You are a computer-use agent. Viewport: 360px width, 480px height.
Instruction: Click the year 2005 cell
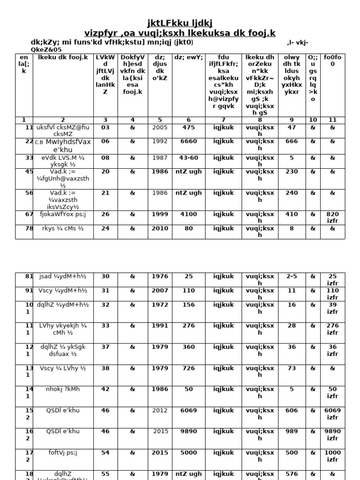coord(159,127)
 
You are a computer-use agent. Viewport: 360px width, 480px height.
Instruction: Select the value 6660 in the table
coord(188,142)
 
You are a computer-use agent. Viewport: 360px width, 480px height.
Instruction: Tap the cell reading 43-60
coord(188,158)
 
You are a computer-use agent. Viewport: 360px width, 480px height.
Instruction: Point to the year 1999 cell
coord(159,214)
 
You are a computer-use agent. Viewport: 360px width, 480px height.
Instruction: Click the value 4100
coord(188,214)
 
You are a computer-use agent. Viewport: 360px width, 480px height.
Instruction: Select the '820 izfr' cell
coord(332,217)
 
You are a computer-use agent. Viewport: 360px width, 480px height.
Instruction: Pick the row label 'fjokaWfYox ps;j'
coord(63,214)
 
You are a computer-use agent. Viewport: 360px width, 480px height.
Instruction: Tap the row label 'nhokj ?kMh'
coord(63,389)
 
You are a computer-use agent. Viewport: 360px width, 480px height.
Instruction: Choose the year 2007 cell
coord(159,291)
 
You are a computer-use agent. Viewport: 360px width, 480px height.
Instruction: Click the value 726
coord(188,368)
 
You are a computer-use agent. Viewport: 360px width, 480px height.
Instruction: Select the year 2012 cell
coord(159,410)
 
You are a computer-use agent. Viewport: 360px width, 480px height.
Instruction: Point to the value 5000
coord(188,452)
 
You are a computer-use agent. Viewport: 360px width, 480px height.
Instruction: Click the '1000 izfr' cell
coord(332,456)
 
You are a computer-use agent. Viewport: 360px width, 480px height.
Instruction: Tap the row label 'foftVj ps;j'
coord(63,452)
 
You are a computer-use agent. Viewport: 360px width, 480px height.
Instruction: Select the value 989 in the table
coord(292,431)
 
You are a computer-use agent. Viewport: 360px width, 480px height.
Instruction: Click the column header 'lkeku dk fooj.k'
coord(63,57)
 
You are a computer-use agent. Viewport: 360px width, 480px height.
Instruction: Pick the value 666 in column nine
coord(292,142)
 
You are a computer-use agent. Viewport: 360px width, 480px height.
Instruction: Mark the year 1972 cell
coord(159,305)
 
